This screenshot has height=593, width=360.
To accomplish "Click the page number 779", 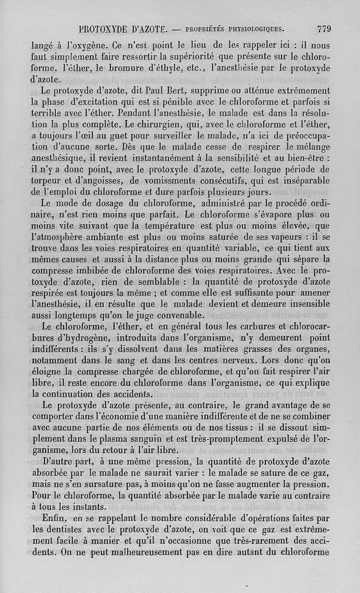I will (x=324, y=30).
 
